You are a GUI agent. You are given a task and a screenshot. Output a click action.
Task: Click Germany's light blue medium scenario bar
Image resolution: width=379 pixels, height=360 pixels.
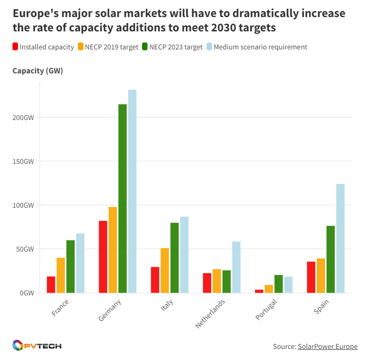[132, 191]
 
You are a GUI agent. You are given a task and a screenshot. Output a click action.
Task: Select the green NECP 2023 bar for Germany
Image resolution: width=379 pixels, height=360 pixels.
[122, 198]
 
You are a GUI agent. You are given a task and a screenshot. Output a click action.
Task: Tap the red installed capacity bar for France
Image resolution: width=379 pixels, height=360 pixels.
[51, 284]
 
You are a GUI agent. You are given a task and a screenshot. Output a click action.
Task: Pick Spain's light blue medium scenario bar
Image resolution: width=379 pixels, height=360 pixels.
[340, 238]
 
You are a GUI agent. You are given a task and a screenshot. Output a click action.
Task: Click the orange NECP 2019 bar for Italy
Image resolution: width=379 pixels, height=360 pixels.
[165, 270]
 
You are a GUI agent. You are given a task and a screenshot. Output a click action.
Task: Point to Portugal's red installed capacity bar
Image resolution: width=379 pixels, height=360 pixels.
[259, 291]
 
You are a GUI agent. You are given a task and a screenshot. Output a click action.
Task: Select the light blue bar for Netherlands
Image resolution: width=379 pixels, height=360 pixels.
[236, 267]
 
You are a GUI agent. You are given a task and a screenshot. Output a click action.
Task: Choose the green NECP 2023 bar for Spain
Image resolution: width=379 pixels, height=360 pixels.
[331, 259]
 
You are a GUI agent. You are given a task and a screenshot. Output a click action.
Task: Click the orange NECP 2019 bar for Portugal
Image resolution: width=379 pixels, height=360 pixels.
[269, 288]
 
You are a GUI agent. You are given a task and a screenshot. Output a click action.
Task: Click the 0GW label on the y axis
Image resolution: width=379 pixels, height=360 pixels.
[27, 293]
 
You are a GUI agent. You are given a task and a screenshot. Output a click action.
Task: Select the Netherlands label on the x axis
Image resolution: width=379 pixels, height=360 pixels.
[210, 313]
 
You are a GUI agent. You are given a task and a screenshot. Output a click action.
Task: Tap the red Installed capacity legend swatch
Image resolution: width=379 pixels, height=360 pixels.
[16, 47]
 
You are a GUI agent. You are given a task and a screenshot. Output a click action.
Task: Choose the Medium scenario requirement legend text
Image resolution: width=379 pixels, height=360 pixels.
[260, 47]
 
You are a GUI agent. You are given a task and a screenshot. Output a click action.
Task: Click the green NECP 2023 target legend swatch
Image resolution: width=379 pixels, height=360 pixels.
[145, 47]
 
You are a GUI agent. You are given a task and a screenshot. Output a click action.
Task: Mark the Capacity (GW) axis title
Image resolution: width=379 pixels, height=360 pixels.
[38, 71]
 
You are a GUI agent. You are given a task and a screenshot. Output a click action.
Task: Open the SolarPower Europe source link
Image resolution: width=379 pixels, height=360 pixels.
[327, 347]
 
